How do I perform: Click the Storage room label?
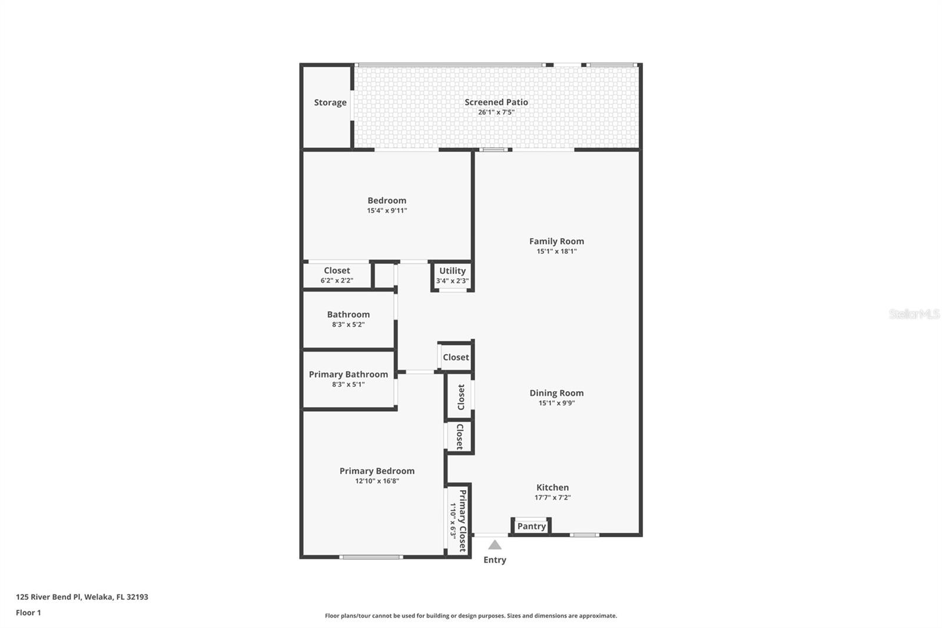tap(330, 103)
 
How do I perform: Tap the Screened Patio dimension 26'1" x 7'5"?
tap(496, 113)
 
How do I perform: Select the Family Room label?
tap(556, 241)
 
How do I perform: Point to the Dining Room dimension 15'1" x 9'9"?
tap(556, 404)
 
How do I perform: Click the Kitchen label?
tap(552, 487)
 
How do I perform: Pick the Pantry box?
tap(531, 526)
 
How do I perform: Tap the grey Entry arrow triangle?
tap(495, 545)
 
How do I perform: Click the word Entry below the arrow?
tap(495, 560)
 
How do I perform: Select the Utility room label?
tap(452, 271)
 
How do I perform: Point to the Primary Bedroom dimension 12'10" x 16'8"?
tap(377, 481)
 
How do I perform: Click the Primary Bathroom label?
tap(348, 375)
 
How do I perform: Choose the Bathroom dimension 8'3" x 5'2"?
tap(348, 325)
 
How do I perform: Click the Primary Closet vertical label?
tap(463, 520)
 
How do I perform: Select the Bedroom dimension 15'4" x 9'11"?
tap(387, 211)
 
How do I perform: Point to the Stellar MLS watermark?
tap(914, 315)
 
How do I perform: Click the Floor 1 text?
tap(28, 613)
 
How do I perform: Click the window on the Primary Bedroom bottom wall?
tap(371, 557)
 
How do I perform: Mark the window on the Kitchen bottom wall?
tap(584, 535)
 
